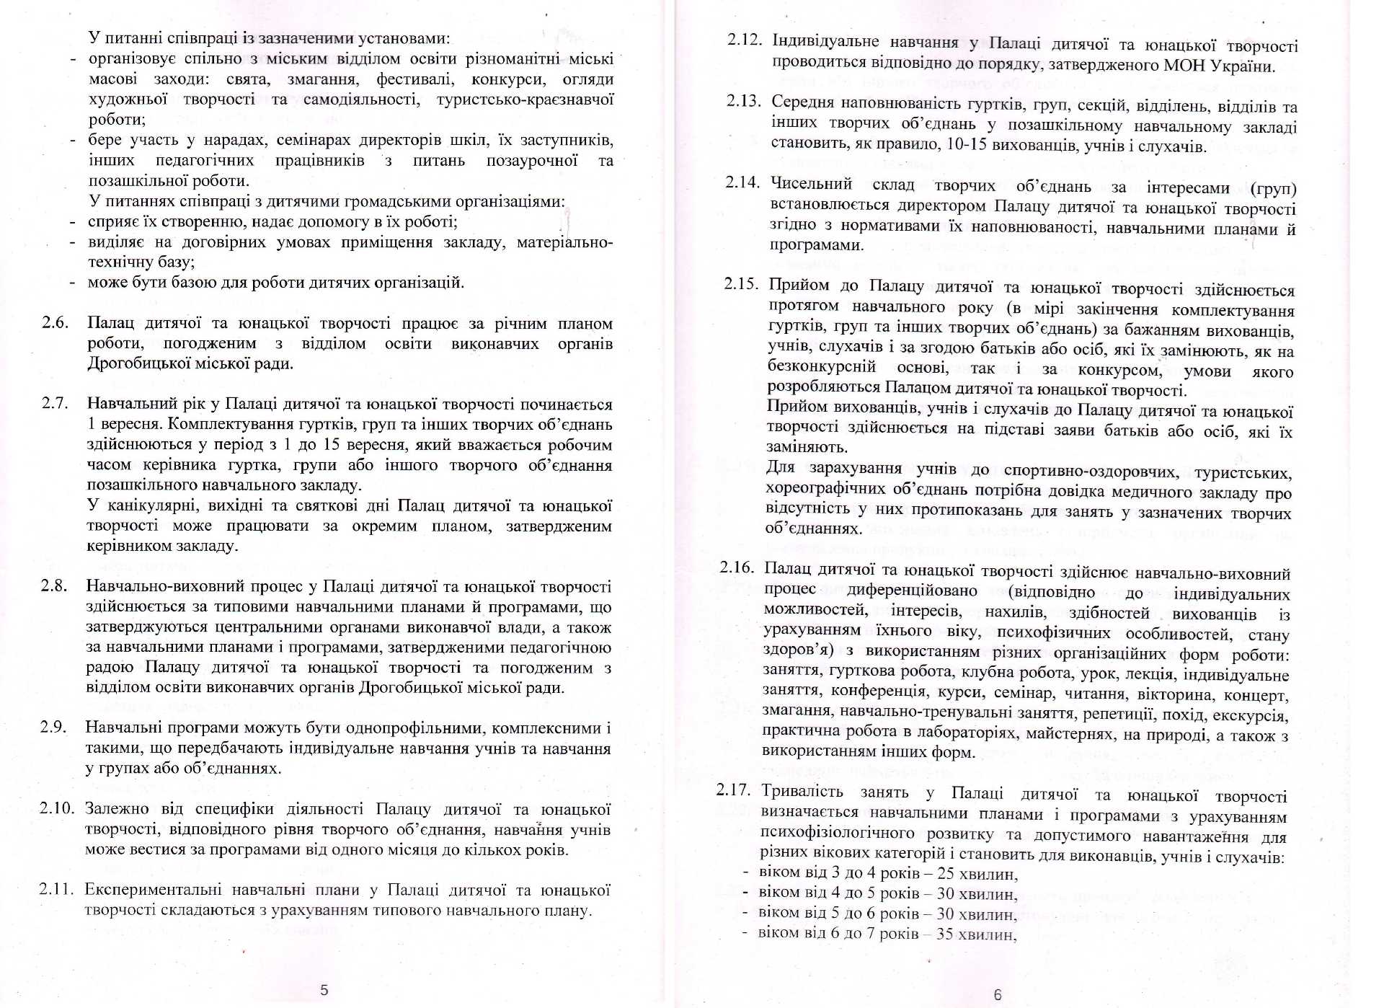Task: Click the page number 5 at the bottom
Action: point(324,989)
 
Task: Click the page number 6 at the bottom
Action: point(998,994)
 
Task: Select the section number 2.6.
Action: point(55,322)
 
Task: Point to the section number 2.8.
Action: point(53,585)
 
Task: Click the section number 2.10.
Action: point(56,808)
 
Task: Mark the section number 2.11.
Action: point(56,888)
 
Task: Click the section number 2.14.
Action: point(742,181)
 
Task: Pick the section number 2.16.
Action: point(736,567)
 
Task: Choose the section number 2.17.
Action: point(733,790)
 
